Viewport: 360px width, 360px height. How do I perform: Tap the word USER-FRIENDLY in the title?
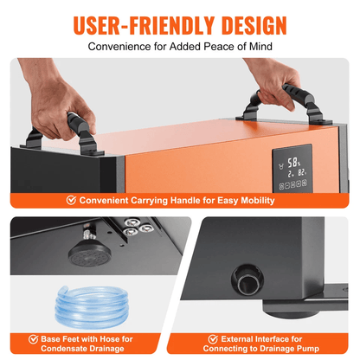144,25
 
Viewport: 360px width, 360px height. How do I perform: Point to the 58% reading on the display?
293,163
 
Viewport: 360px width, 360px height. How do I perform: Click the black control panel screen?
292,169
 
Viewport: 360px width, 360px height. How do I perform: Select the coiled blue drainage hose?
92,307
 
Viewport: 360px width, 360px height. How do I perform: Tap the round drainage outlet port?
247,280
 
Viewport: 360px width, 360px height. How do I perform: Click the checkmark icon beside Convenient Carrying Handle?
71,200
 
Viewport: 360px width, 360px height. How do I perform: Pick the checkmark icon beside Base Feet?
34,339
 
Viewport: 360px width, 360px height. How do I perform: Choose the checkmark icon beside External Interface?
213,339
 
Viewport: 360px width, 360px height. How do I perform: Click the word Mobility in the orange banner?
258,201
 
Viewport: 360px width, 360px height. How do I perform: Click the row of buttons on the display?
292,184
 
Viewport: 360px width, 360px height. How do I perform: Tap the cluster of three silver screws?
138,227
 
